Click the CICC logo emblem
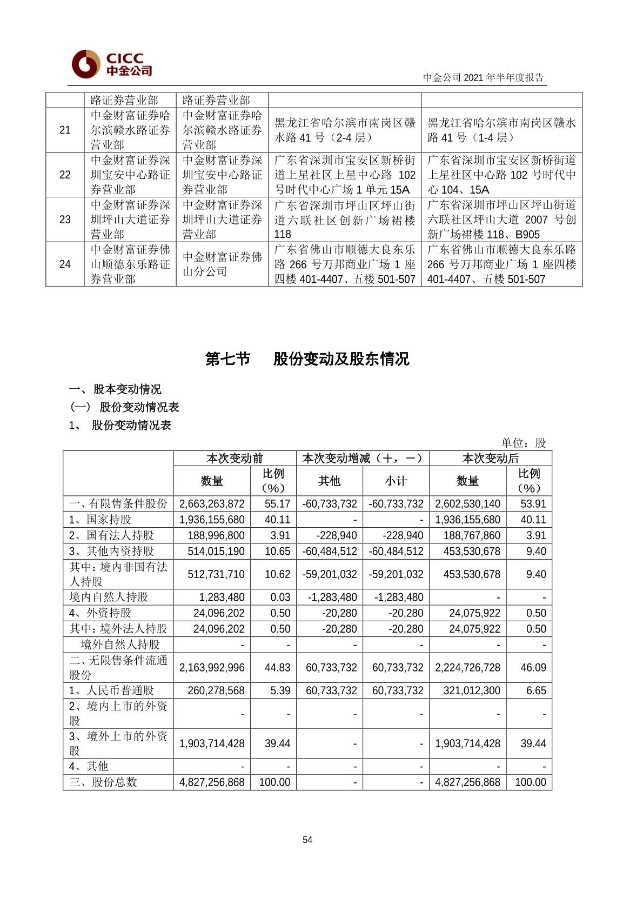point(85,64)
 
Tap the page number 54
point(307,840)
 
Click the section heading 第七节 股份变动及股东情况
point(307,359)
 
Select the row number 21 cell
point(65,130)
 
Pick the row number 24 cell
point(65,264)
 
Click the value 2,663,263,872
point(212,504)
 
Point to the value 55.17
point(277,504)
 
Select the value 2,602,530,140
point(467,504)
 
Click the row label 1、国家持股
point(101,520)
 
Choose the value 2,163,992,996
point(212,668)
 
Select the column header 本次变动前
point(235,459)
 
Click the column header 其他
point(329,481)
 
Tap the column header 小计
point(396,481)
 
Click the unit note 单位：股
point(523,443)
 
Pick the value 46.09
point(533,668)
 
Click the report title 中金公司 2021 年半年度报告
point(483,78)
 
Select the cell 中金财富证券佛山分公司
point(222,264)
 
